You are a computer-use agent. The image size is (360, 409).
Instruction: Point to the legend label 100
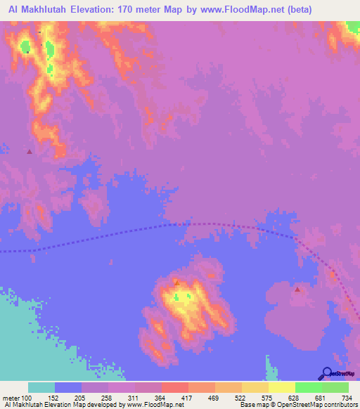pyautogui.click(x=27, y=398)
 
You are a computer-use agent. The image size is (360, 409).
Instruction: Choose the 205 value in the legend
pyautogui.click(x=82, y=398)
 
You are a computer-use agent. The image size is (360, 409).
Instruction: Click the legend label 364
pyautogui.click(x=162, y=398)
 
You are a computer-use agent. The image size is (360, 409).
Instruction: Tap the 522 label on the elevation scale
pyautogui.click(x=243, y=398)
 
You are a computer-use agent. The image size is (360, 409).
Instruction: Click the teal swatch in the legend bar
pyautogui.click(x=41, y=387)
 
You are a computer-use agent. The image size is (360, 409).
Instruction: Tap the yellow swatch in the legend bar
pyautogui.click(x=282, y=387)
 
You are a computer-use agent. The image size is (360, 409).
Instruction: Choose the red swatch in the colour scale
pyautogui.click(x=174, y=387)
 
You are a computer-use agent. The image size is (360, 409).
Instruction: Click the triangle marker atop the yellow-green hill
pyautogui.click(x=176, y=283)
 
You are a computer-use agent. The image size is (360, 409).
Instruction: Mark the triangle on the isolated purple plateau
pyautogui.click(x=297, y=289)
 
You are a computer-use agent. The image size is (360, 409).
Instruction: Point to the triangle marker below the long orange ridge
pyautogui.click(x=29, y=151)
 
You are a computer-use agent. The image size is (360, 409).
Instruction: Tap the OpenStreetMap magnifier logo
pyautogui.click(x=326, y=374)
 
